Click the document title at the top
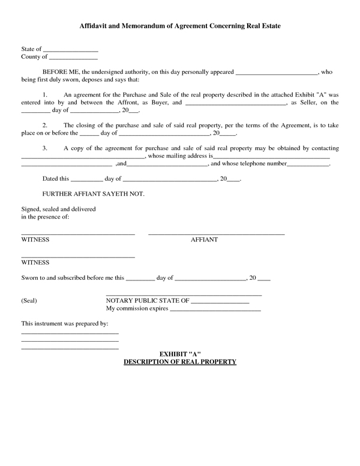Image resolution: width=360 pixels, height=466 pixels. point(180,27)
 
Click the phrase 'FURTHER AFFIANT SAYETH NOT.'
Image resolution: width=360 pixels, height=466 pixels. point(94,194)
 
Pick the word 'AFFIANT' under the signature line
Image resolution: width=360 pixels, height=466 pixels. point(204,240)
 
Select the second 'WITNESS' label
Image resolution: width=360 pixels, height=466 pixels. point(35,262)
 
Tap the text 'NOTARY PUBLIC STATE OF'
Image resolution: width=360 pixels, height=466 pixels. point(148,300)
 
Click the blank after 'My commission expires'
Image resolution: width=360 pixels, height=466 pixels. point(215,310)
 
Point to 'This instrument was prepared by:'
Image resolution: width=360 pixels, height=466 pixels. point(64,324)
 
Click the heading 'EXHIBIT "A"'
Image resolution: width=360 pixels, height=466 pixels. point(179,354)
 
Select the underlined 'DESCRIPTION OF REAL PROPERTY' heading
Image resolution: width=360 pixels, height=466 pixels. point(179,362)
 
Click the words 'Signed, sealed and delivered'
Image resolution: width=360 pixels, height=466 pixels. point(58,209)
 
